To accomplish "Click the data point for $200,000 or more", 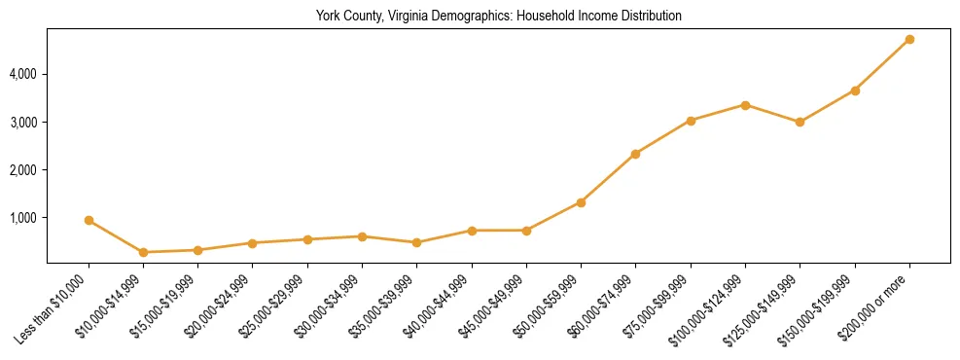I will (x=909, y=39).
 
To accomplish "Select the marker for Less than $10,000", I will (x=89, y=221).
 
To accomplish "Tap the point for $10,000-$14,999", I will (x=143, y=252).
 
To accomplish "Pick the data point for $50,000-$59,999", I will (x=581, y=202).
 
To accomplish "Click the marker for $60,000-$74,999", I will (x=635, y=154).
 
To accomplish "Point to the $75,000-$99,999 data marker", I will (x=691, y=121).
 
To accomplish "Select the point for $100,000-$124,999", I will (x=745, y=105).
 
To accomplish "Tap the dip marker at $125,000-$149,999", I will (x=800, y=122).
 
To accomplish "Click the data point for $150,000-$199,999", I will (x=855, y=90).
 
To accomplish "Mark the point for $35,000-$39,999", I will (x=416, y=242).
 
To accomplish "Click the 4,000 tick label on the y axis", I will (x=23, y=74).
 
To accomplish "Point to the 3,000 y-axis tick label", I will (x=23, y=123).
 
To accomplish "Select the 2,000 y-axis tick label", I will (x=23, y=170).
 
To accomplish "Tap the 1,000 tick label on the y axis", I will (x=23, y=218).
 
